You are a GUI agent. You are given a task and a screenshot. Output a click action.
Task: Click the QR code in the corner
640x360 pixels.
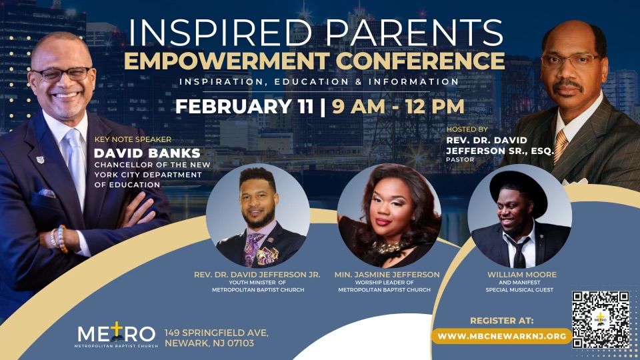click(601, 319)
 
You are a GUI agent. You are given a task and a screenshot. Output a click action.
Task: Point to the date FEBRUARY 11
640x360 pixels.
click(244, 106)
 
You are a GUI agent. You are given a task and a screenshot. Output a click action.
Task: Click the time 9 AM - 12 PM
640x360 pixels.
click(394, 106)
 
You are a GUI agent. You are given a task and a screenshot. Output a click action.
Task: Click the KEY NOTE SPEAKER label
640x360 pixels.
click(133, 139)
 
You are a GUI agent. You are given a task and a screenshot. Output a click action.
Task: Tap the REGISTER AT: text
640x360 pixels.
click(502, 320)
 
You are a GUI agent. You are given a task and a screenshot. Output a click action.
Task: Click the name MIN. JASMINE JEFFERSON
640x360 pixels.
click(389, 274)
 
